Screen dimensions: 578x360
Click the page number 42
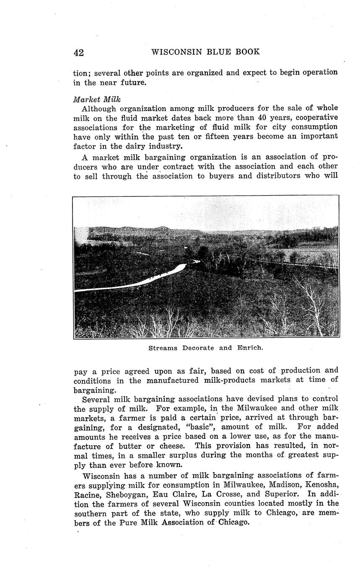pos(78,52)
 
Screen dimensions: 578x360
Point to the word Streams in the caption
pos(163,348)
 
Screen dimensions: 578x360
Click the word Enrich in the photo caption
pos(250,348)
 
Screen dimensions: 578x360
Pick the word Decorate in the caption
pos(198,348)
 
